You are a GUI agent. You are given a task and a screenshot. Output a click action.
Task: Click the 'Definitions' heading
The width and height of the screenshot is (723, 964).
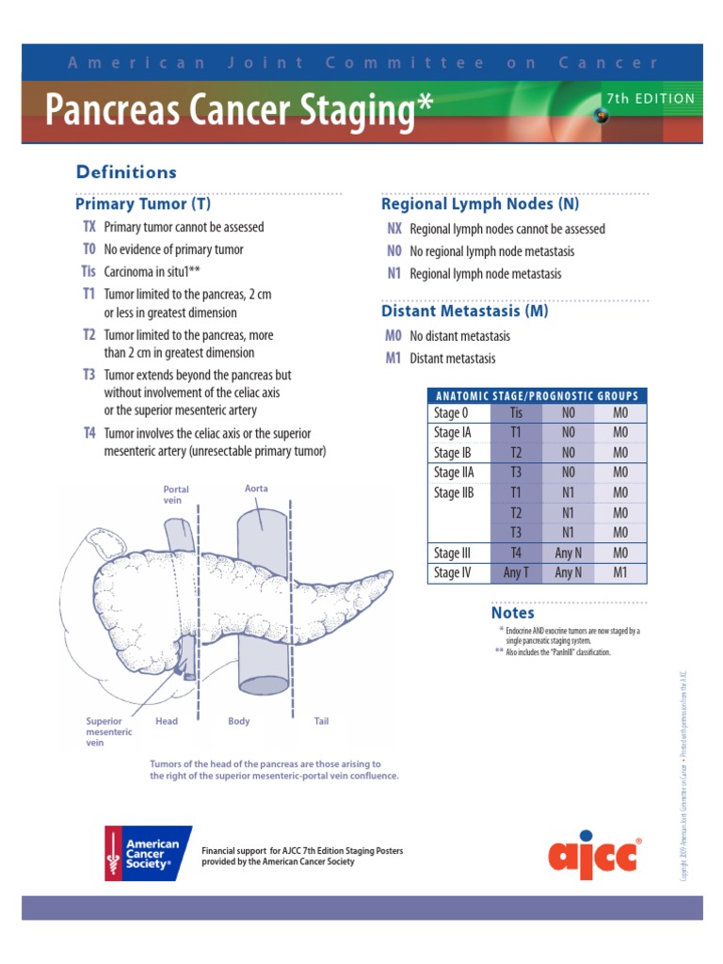click(x=125, y=172)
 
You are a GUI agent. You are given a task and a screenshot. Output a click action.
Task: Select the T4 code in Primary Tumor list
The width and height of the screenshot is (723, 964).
click(x=89, y=433)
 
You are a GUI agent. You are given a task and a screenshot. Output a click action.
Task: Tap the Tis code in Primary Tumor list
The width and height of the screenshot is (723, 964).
click(x=89, y=271)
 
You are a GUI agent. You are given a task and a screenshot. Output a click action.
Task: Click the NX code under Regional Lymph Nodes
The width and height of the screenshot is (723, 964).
click(x=394, y=229)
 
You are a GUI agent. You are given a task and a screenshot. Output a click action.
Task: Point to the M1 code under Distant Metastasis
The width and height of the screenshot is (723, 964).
click(x=394, y=359)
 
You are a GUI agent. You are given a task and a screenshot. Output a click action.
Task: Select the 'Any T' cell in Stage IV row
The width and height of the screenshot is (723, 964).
click(x=516, y=572)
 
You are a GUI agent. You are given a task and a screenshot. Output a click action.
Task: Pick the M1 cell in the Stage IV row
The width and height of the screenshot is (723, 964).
click(x=619, y=572)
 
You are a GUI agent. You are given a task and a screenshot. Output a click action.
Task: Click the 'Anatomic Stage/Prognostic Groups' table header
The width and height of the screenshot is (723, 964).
click(x=537, y=396)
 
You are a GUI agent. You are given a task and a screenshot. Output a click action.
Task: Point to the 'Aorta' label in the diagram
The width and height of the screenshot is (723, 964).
click(x=257, y=489)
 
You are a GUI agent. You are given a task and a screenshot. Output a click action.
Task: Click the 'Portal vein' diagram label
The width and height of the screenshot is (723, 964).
click(x=176, y=495)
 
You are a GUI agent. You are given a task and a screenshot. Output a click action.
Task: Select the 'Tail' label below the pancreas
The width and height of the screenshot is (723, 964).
click(x=321, y=722)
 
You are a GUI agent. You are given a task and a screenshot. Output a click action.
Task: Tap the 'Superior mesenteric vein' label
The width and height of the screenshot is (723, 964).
click(x=109, y=731)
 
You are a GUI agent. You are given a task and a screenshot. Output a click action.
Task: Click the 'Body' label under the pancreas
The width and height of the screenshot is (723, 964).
click(x=239, y=722)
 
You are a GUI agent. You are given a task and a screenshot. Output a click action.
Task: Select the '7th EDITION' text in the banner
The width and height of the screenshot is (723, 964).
click(x=651, y=99)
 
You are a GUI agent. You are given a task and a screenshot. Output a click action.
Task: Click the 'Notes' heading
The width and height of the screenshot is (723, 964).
click(x=512, y=613)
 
